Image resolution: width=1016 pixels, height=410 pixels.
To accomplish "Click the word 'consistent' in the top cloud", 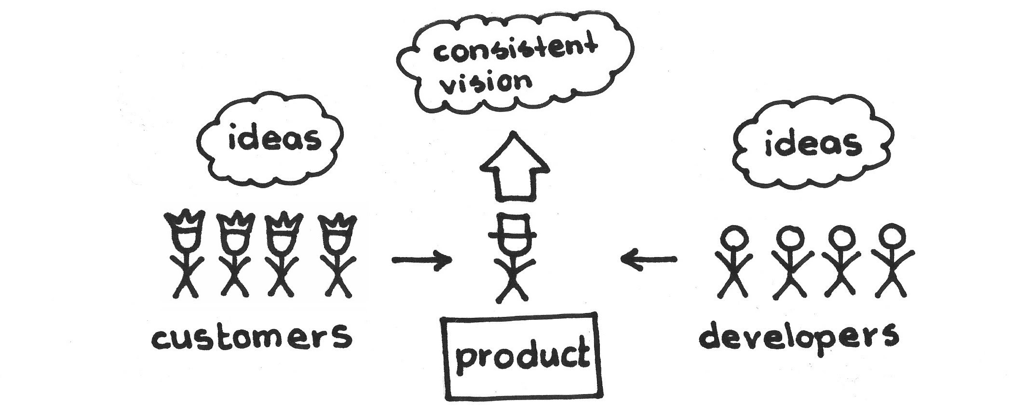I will click(x=515, y=53).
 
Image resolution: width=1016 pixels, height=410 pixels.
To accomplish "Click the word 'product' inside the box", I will click(x=522, y=357).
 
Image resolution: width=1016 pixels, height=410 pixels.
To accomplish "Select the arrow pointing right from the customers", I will click(x=422, y=260).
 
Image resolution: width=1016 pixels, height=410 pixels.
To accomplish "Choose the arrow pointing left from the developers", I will click(x=649, y=260).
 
